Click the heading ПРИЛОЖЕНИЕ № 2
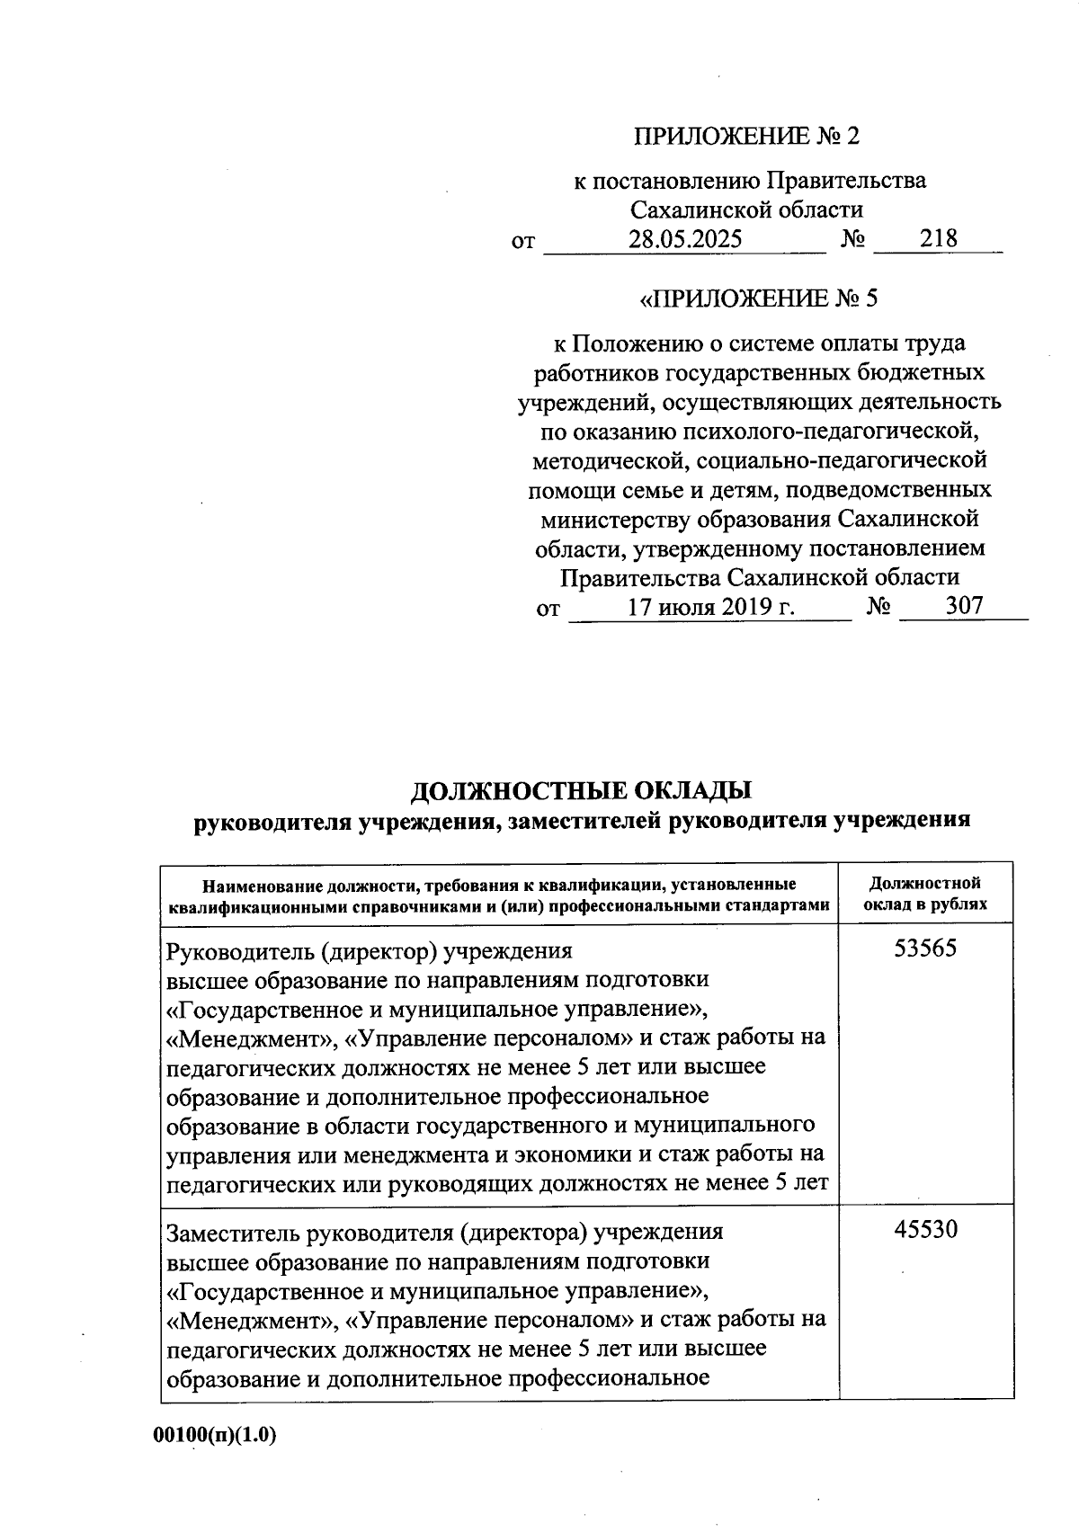click(746, 136)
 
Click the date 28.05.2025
click(685, 239)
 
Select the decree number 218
click(938, 238)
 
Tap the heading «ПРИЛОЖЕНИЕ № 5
click(757, 298)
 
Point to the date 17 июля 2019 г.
click(710, 607)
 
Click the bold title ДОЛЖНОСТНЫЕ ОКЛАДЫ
click(582, 790)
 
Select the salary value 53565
click(925, 949)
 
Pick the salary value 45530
click(925, 1229)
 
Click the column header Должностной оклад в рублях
click(925, 894)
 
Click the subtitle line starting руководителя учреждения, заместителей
click(582, 820)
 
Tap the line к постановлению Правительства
click(750, 181)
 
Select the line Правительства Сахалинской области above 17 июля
click(759, 576)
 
